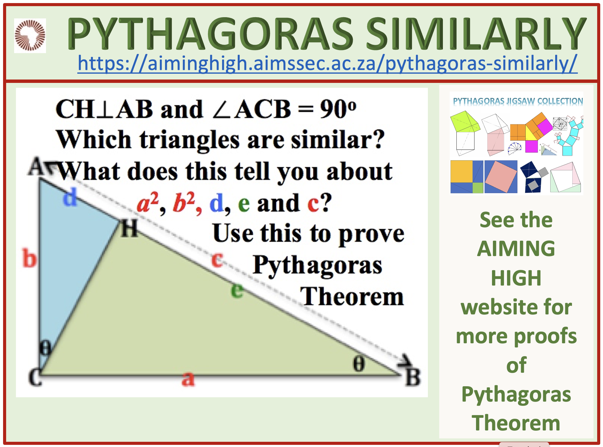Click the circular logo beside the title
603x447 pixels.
[x=30, y=35]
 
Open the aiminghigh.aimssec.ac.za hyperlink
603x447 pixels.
[x=327, y=63]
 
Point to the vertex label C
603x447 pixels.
[x=35, y=377]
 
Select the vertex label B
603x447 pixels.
[x=413, y=377]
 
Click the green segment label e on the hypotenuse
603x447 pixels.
[x=237, y=290]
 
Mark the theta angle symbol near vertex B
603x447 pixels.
[x=359, y=363]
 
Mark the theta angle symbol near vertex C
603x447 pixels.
[x=46, y=348]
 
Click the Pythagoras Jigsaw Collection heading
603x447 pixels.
[x=518, y=101]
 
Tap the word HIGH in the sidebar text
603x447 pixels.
[x=516, y=278]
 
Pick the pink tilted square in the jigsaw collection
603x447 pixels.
[x=501, y=177]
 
